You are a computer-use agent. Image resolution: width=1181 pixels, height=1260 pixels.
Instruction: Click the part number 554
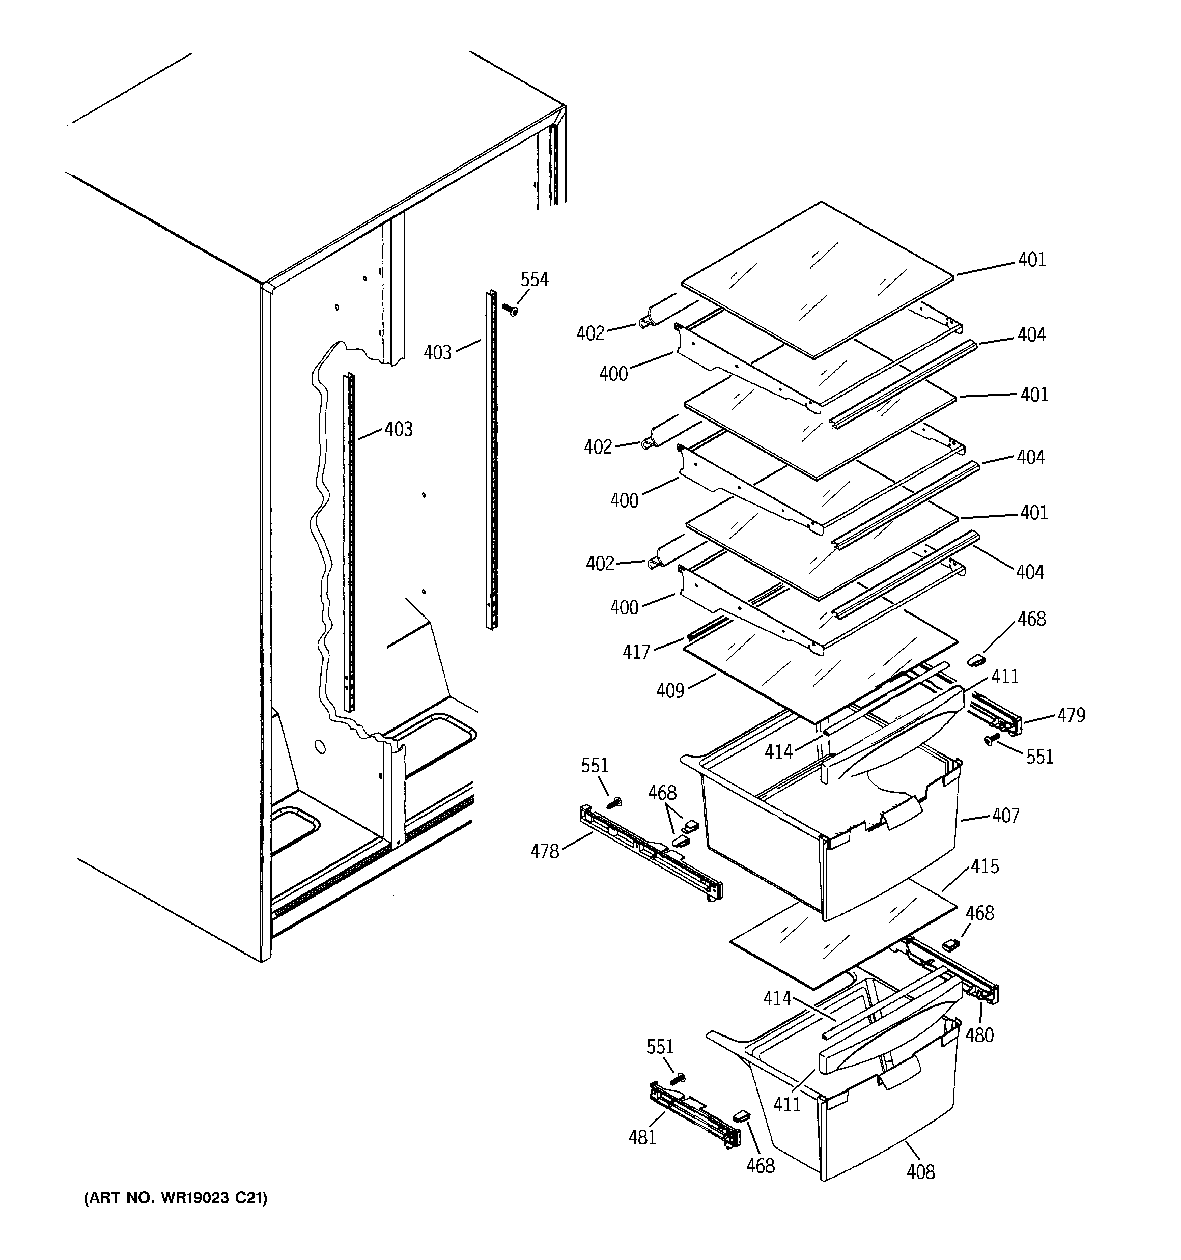click(534, 279)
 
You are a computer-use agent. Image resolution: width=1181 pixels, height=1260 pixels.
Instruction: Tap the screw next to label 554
click(510, 310)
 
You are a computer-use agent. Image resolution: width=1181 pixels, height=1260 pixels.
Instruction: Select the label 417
click(636, 652)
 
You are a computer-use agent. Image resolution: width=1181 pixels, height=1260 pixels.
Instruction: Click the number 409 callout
click(670, 690)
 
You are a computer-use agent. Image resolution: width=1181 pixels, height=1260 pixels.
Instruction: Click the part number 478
click(545, 851)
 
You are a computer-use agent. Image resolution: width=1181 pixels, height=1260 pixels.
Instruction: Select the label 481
click(641, 1138)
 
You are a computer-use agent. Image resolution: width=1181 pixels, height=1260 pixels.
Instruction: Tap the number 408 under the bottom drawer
click(920, 1172)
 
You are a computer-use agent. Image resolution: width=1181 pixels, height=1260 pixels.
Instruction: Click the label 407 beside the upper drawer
click(1005, 815)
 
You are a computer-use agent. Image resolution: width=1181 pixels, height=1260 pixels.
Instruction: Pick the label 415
click(985, 866)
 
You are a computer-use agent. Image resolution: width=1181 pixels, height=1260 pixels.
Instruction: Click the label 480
click(979, 1035)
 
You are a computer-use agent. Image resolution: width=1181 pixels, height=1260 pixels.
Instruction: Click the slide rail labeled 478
click(650, 852)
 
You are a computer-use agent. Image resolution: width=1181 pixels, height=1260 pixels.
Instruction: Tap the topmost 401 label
click(1031, 260)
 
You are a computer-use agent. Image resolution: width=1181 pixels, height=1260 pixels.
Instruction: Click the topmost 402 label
click(590, 333)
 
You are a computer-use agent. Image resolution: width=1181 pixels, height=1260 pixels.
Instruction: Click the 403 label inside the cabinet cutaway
click(398, 430)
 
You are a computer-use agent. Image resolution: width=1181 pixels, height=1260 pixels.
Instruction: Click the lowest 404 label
click(1029, 572)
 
